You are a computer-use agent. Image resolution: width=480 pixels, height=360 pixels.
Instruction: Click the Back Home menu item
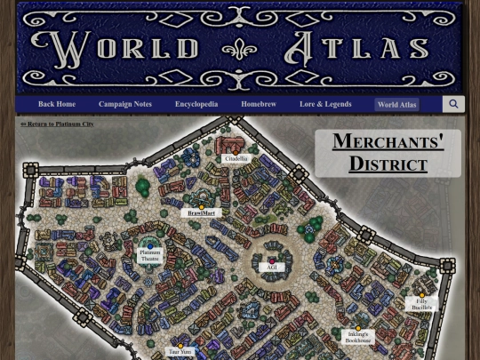56,105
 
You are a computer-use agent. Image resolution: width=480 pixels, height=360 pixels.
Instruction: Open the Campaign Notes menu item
124,105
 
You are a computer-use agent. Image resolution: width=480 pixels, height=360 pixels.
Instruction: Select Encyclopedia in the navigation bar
196,105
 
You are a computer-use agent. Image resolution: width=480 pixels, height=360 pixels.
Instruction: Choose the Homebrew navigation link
259,105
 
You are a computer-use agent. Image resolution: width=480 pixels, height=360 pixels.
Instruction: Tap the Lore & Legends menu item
325,105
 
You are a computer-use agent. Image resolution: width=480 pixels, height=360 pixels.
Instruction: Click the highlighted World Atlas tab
396,105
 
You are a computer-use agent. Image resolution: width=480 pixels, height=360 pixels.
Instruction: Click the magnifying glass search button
453,105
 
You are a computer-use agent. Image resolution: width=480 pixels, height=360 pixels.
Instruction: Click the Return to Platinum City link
57,124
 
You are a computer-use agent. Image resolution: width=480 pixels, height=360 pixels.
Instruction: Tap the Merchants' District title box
388,152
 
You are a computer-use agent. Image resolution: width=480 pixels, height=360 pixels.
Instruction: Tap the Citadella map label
236,158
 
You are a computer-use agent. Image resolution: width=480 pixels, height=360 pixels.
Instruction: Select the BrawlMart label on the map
202,213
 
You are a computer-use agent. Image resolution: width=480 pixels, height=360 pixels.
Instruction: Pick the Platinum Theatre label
149,255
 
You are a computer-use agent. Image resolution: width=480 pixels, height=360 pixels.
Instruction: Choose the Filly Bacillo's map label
421,304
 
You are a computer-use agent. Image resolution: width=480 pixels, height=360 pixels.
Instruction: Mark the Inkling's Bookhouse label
358,337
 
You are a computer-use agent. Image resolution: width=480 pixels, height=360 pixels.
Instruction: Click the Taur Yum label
180,352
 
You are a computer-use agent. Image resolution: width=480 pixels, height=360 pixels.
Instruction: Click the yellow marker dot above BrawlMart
202,206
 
